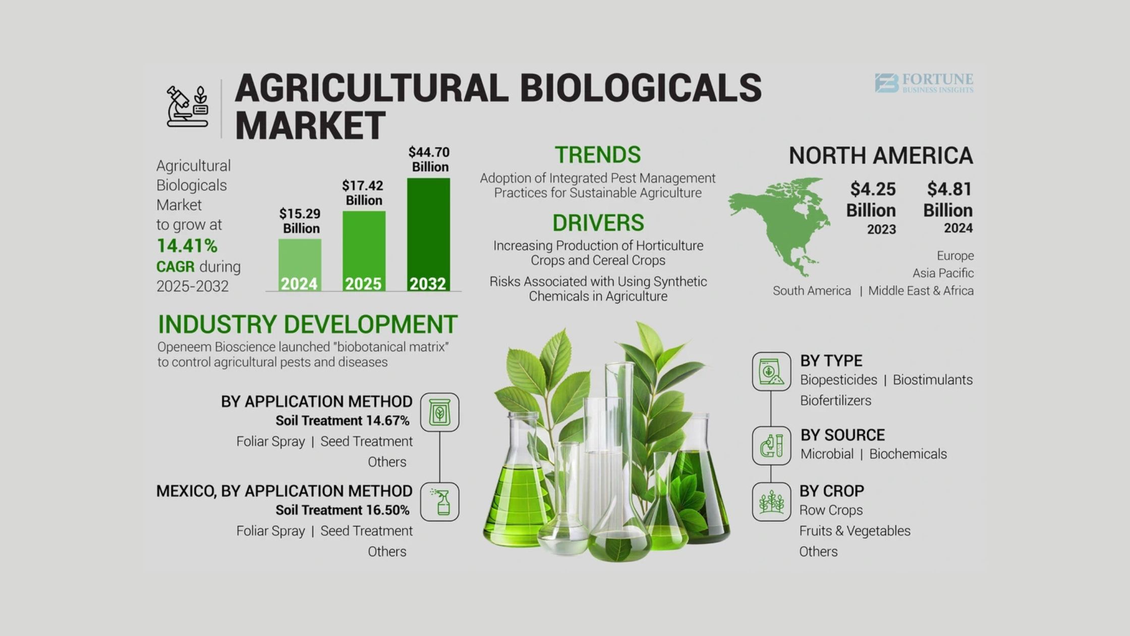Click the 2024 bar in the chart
(300, 265)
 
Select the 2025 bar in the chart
(364, 251)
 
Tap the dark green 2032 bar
(428, 235)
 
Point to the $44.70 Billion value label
(429, 160)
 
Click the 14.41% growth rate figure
(187, 246)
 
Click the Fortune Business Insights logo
(924, 83)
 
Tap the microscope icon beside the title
(187, 107)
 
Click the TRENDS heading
(598, 154)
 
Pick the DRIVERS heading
(598, 223)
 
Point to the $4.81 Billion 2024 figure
(948, 207)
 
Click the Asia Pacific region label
(943, 273)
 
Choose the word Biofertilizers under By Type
(835, 400)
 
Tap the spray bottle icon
(440, 502)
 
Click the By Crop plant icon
(771, 502)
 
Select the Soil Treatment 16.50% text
(343, 510)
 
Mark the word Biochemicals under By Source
(908, 454)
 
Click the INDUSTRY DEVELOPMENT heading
(308, 324)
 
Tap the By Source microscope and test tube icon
(771, 446)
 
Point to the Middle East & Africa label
(921, 291)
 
